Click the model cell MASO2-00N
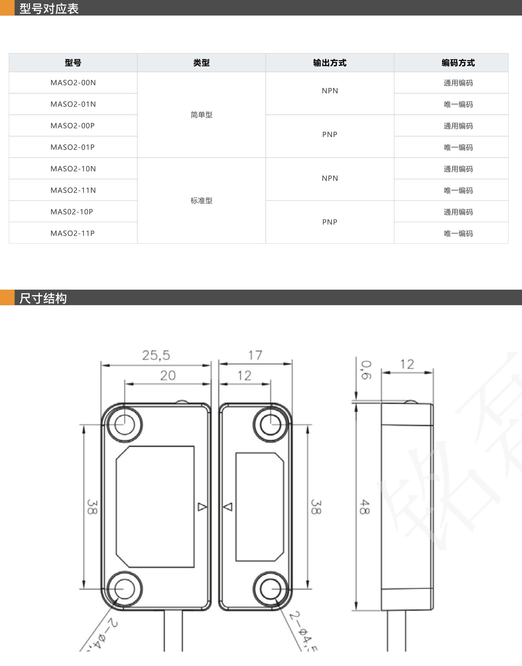tap(73, 83)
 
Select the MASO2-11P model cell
tap(73, 233)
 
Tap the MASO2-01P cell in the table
tap(73, 147)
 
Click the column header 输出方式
tap(330, 63)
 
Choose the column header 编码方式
tap(458, 63)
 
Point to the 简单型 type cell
tap(201, 115)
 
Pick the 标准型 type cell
tap(201, 201)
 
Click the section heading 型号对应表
tap(49, 9)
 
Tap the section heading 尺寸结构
tap(43, 298)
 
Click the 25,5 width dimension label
tap(156, 355)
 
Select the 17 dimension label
tap(255, 355)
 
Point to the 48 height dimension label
tap(364, 507)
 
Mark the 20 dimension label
tap(168, 376)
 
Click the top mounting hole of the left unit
tap(124, 424)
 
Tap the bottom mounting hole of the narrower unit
tap(270, 589)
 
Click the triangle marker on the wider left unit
tap(202, 507)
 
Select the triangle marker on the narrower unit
tap(228, 507)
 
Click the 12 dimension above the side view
tap(407, 364)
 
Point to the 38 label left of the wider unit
tap(92, 507)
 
